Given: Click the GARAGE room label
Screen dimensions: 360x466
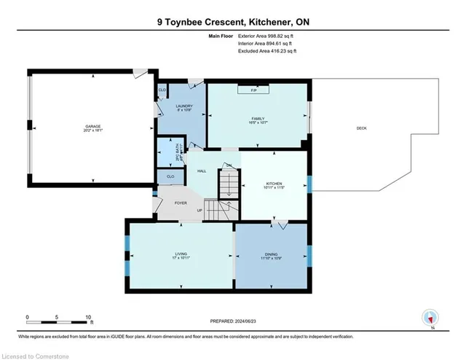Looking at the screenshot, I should point(92,126).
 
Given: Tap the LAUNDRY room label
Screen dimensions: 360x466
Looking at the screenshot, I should point(183,106).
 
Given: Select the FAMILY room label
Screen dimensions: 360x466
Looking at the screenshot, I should point(256,118).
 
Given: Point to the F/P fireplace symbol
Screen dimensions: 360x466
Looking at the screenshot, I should point(253,90).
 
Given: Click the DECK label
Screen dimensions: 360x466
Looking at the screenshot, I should point(361,129).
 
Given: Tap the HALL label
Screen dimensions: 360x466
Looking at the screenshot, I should point(202,171).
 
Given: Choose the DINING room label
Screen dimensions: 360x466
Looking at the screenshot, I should point(270,255).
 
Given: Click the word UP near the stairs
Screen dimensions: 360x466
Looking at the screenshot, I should point(199,211).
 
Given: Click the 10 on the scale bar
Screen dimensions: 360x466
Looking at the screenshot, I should point(88,317).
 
